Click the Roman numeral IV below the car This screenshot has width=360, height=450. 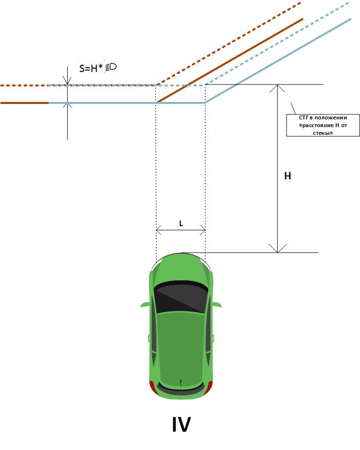[x=181, y=424]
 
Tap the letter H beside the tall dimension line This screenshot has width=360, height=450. [x=287, y=176]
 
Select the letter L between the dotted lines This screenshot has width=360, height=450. [x=181, y=224]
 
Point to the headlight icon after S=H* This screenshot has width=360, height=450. [x=111, y=67]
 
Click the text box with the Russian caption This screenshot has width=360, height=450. [x=323, y=125]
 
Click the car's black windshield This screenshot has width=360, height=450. [x=181, y=296]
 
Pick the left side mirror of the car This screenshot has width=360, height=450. [x=145, y=305]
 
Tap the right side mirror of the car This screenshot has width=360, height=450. [x=217, y=305]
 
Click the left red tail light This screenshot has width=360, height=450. [x=152, y=387]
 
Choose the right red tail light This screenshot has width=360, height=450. [x=210, y=387]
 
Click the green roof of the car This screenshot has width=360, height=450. [x=180, y=343]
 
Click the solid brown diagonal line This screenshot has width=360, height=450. [x=230, y=60]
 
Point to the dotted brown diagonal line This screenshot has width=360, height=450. [x=227, y=44]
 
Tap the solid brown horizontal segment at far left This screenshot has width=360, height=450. [x=24, y=103]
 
